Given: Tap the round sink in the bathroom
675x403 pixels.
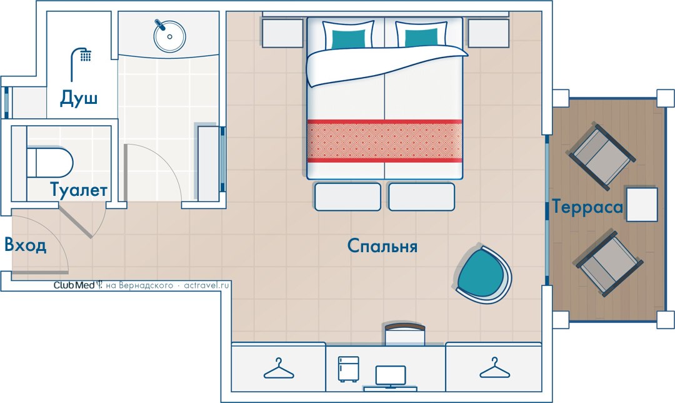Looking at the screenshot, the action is [x=169, y=36].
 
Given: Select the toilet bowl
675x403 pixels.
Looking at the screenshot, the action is [x=49, y=163].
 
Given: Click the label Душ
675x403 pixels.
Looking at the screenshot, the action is [x=79, y=98].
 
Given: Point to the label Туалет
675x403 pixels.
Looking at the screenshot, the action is [x=78, y=190].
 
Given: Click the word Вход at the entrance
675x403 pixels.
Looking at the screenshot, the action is [x=26, y=245].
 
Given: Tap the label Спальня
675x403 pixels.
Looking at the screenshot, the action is [x=382, y=246].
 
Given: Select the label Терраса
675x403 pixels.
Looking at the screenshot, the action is [x=587, y=207].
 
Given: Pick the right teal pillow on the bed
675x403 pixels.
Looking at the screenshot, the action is [x=421, y=35].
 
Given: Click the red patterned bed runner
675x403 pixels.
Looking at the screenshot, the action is [x=384, y=141].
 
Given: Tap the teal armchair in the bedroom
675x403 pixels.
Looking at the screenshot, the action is [x=483, y=275].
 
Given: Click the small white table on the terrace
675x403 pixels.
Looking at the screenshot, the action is [x=641, y=204].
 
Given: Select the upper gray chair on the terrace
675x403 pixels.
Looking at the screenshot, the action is [x=602, y=156].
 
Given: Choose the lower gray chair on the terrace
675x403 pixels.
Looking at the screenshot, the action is [x=609, y=263].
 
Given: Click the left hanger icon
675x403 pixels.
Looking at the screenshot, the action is [x=279, y=369].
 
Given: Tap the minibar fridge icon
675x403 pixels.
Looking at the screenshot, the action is [x=348, y=369].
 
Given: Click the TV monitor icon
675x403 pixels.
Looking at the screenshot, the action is [x=391, y=377].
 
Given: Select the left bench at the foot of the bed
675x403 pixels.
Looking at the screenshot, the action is [x=348, y=197].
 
